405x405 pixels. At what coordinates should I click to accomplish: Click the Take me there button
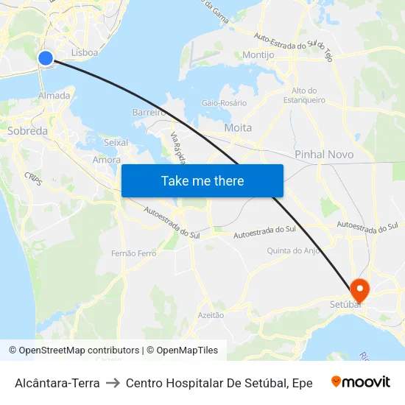coord(202,180)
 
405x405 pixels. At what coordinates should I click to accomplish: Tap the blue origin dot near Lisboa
coord(46,58)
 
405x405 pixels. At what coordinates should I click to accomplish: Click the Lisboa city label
coord(85,53)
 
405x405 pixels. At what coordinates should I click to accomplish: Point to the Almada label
coord(54,96)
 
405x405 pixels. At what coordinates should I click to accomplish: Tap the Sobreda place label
coord(27,131)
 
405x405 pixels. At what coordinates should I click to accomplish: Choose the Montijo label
coord(258,55)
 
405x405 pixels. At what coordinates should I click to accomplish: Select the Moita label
coord(238,127)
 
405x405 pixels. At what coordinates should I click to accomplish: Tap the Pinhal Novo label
coord(324,155)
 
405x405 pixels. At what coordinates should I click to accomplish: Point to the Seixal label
coord(116,142)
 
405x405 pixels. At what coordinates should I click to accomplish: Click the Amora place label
coord(107,159)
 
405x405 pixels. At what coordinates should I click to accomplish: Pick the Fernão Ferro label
coord(134,253)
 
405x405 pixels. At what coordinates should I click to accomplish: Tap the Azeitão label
coord(211,314)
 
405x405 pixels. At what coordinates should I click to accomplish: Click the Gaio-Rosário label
coord(224,103)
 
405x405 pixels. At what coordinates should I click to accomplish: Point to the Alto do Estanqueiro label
coord(304,95)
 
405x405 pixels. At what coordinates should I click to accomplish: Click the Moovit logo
coord(361,382)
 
